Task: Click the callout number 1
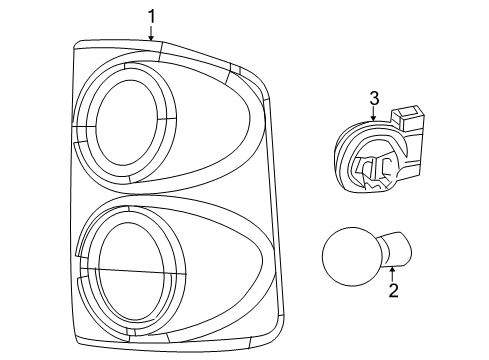tap(152, 16)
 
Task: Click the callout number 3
tap(373, 97)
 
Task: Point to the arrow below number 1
tap(152, 33)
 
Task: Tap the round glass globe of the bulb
tap(349, 255)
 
